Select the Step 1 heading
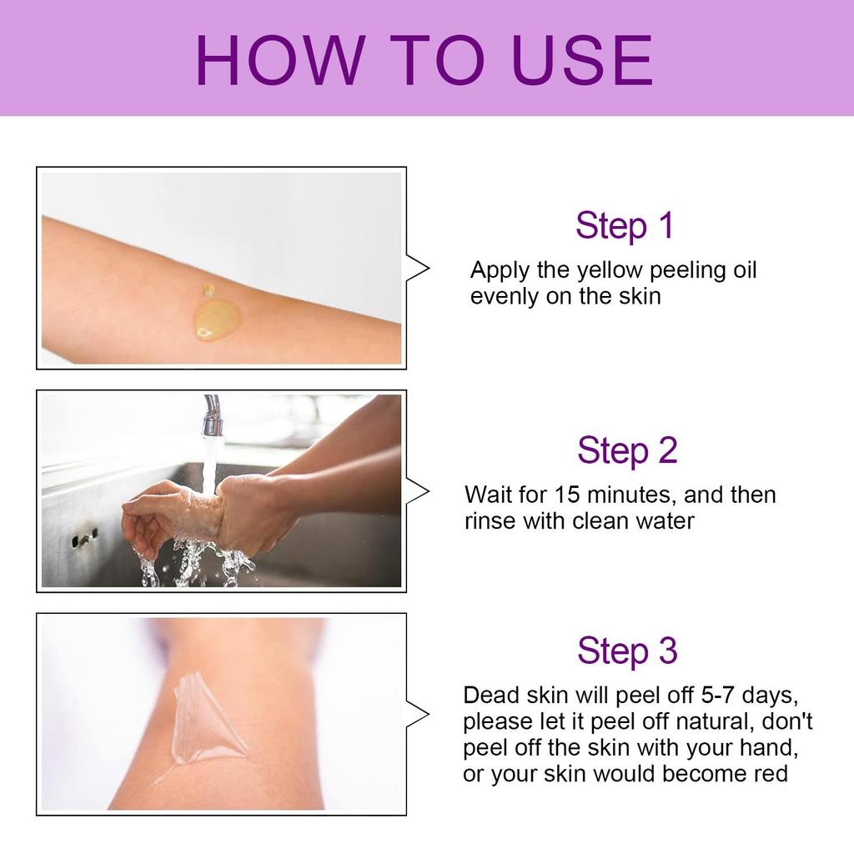pyautogui.click(x=625, y=225)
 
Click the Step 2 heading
pyautogui.click(x=627, y=450)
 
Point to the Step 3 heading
pyautogui.click(x=627, y=651)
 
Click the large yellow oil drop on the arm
pyautogui.click(x=217, y=319)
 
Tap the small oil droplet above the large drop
pyautogui.click(x=208, y=289)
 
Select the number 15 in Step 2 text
pyautogui.click(x=567, y=495)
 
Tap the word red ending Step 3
pyautogui.click(x=771, y=774)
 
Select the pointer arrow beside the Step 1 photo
pyautogui.click(x=417, y=268)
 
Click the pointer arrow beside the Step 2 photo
pyautogui.click(x=417, y=492)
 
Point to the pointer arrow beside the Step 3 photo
pyautogui.click(x=417, y=715)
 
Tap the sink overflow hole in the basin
pyautogui.click(x=84, y=540)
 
